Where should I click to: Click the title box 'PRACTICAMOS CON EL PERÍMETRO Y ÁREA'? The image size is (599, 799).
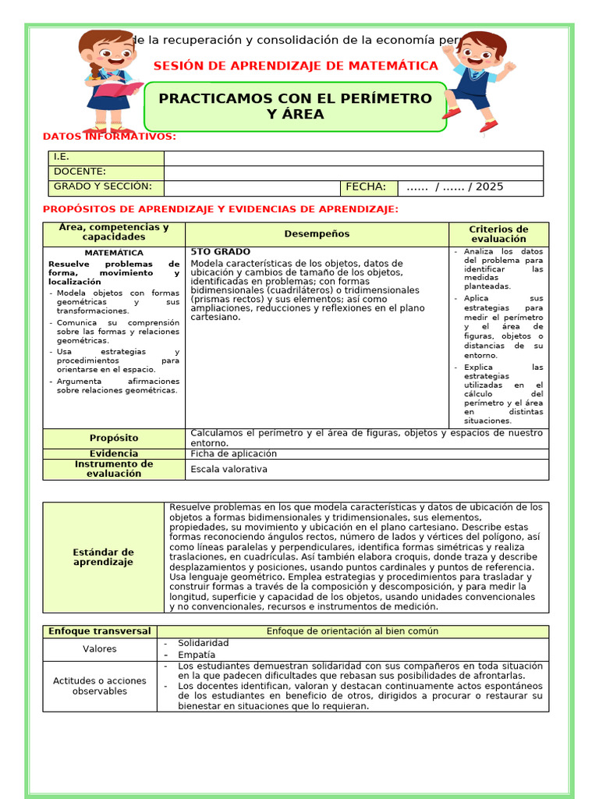pos(295,107)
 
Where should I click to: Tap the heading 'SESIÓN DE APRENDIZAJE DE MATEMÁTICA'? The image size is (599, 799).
pos(296,66)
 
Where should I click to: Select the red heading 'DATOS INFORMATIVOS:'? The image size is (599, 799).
pos(109,137)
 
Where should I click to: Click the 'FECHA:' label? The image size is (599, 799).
pos(366,187)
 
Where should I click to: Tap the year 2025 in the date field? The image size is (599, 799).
pos(489,187)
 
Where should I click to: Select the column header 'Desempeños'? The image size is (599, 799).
pos(317,234)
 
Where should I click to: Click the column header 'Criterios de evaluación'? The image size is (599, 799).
pos(498,234)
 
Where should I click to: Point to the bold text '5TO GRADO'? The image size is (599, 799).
pos(221,252)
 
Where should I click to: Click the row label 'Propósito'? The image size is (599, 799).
pos(114,439)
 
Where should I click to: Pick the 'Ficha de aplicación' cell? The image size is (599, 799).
pos(234,453)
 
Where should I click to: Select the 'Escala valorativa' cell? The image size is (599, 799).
pos(229,469)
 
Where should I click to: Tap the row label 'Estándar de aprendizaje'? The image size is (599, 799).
pos(104,557)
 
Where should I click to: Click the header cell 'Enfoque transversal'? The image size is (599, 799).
pos(100,631)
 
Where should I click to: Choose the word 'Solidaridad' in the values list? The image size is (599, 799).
pos(204,643)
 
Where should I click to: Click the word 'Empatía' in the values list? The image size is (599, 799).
pos(197,655)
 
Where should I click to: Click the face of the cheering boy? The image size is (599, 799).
pos(477,55)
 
